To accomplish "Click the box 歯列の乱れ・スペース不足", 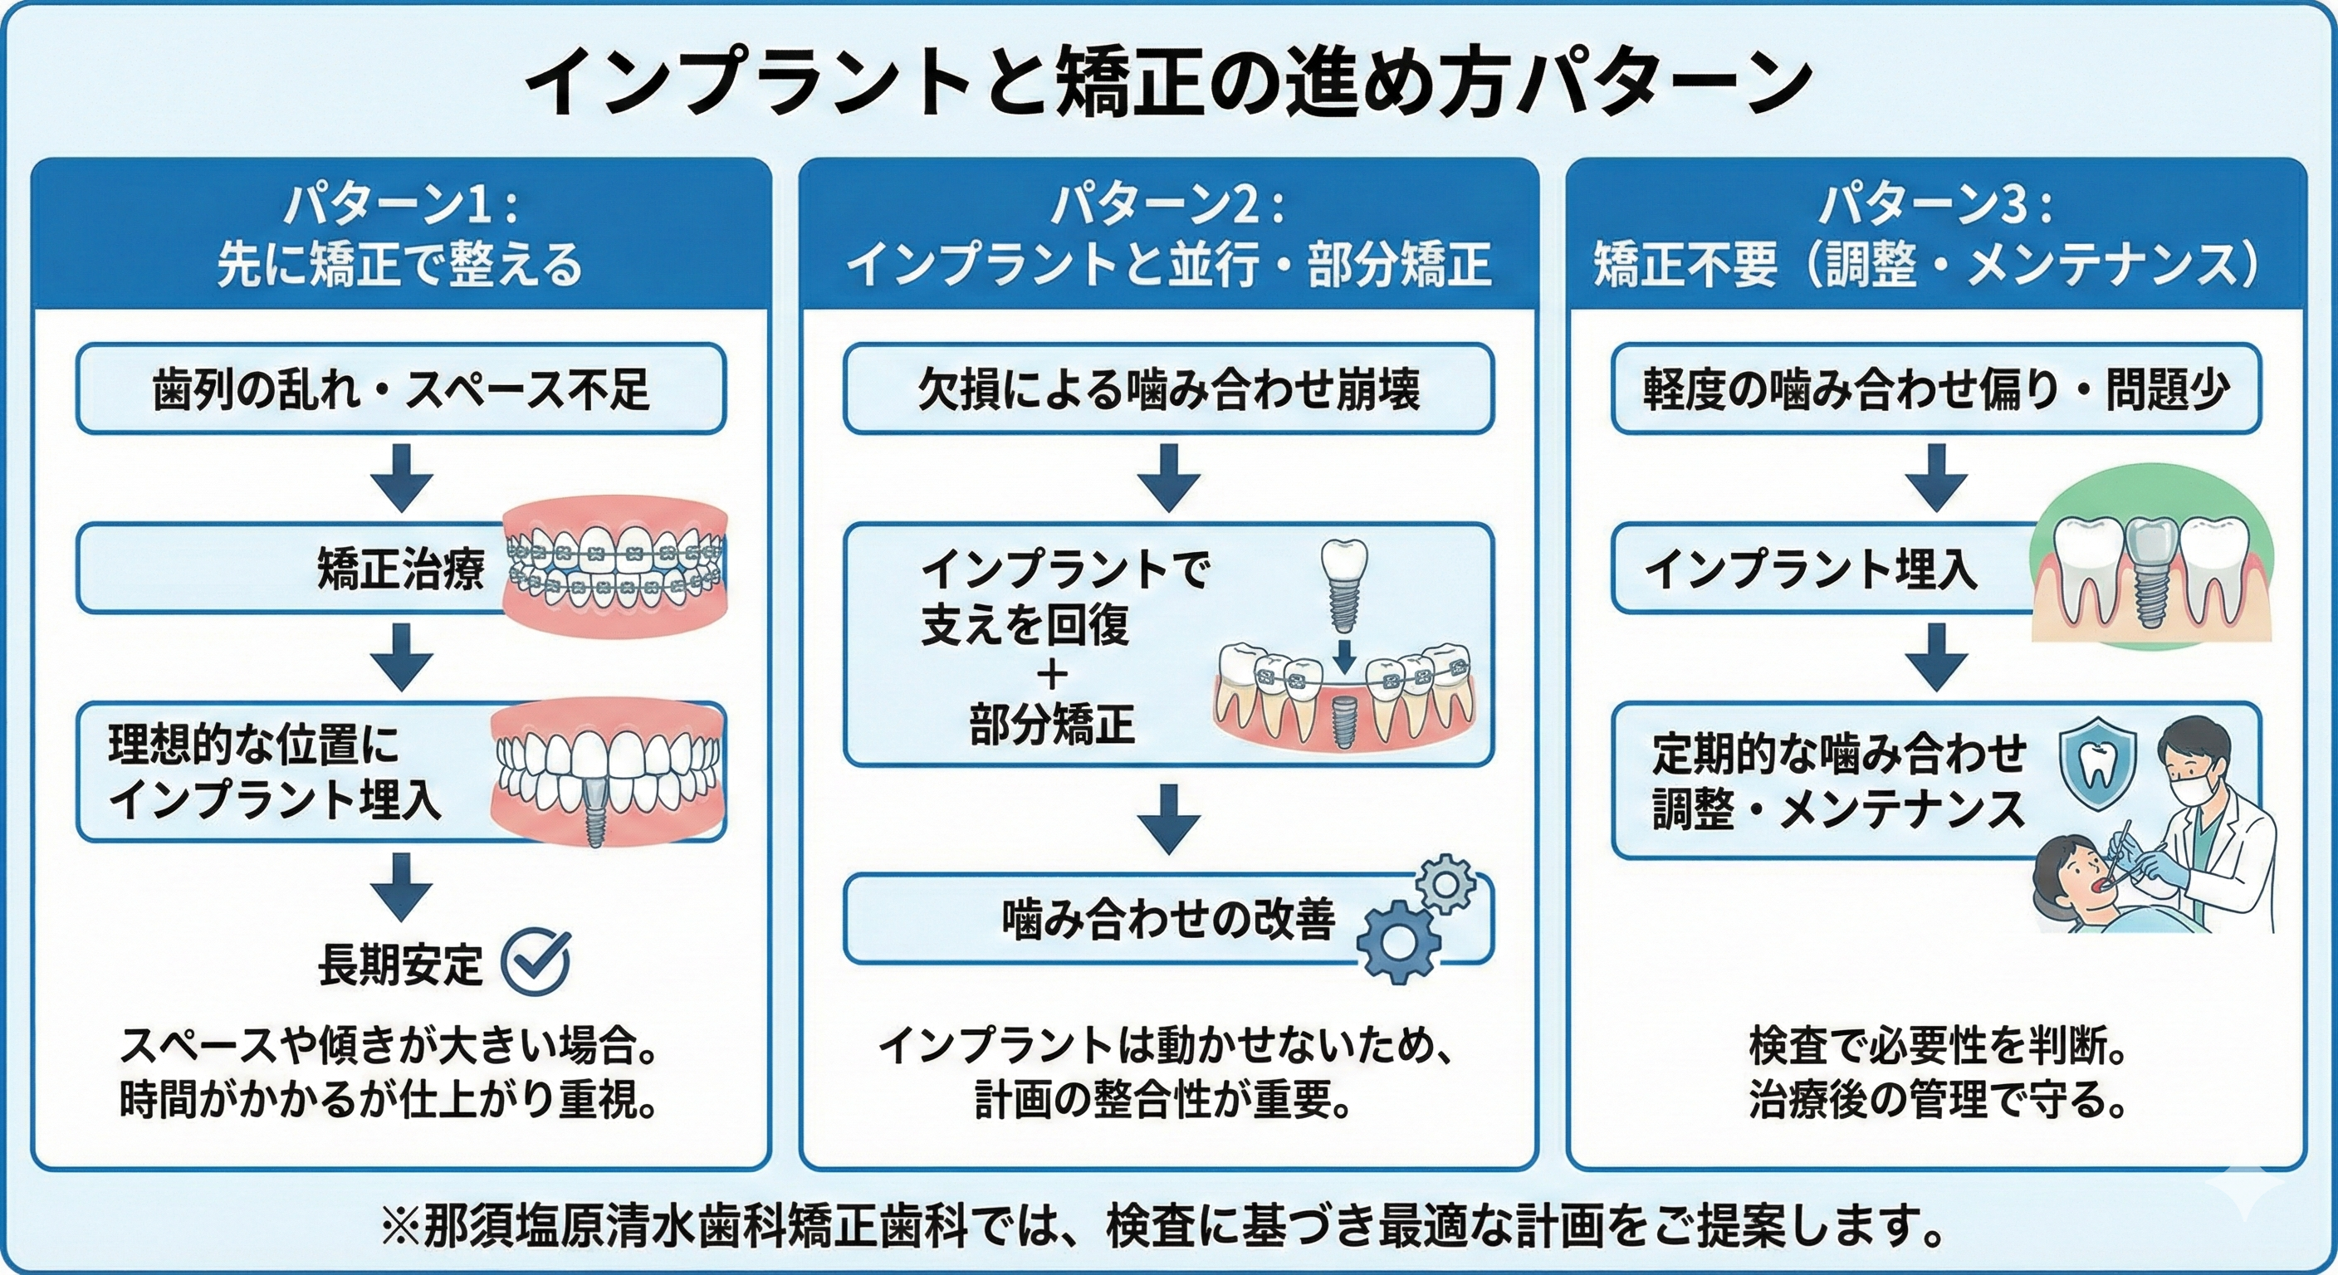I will pyautogui.click(x=400, y=388).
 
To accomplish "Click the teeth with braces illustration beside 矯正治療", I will pyautogui.click(x=615, y=568).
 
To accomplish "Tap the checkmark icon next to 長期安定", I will pyautogui.click(x=536, y=963).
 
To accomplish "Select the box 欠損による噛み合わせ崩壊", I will pyautogui.click(x=1169, y=388).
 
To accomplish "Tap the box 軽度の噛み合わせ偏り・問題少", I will pyautogui.click(x=1936, y=388).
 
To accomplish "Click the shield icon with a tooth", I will pyautogui.click(x=2097, y=765).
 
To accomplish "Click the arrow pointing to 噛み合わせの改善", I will pyautogui.click(x=1169, y=818).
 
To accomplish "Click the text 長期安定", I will pyautogui.click(x=400, y=965).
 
